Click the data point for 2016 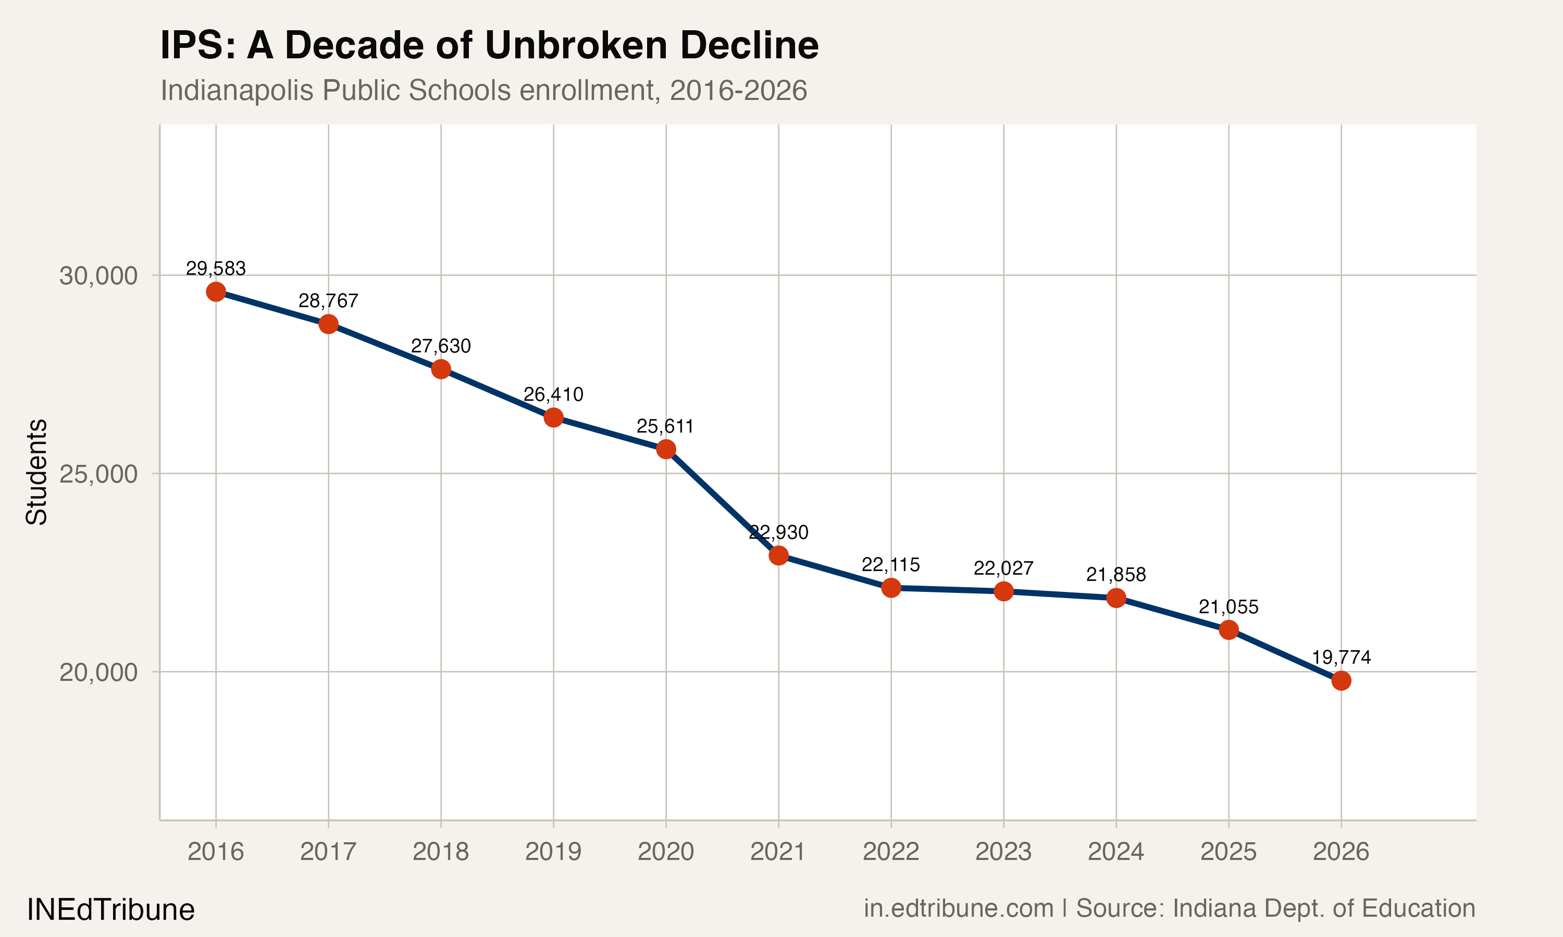pyautogui.click(x=216, y=292)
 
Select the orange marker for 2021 pyautogui.click(x=778, y=555)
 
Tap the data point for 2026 pyautogui.click(x=1341, y=681)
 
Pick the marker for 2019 pyautogui.click(x=553, y=417)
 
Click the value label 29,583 pyautogui.click(x=216, y=268)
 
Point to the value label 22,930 pyautogui.click(x=778, y=533)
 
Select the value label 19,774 pyautogui.click(x=1341, y=657)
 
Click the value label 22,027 pyautogui.click(x=1003, y=568)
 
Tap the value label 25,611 pyautogui.click(x=665, y=426)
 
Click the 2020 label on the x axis pyautogui.click(x=665, y=852)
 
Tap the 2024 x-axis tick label pyautogui.click(x=1115, y=852)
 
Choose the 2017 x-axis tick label pyautogui.click(x=328, y=852)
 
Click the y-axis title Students pyautogui.click(x=36, y=472)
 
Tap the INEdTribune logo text pyautogui.click(x=110, y=910)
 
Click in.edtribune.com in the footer pyautogui.click(x=959, y=908)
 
